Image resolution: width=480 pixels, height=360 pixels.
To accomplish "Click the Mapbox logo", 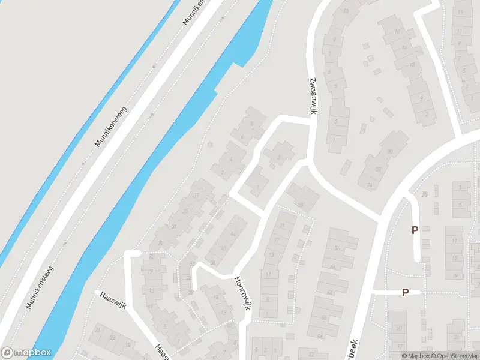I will (26, 353).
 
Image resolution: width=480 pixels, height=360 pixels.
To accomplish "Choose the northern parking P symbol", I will (414, 230).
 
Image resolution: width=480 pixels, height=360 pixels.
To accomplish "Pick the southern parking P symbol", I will (405, 292).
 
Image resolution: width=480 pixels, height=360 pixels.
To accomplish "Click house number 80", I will (389, 152).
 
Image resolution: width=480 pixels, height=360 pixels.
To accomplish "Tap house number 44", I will (233, 234).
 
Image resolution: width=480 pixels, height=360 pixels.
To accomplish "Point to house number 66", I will (332, 266).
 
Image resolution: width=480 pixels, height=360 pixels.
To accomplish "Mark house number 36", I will (214, 262).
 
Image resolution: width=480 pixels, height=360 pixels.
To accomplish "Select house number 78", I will (378, 170).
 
